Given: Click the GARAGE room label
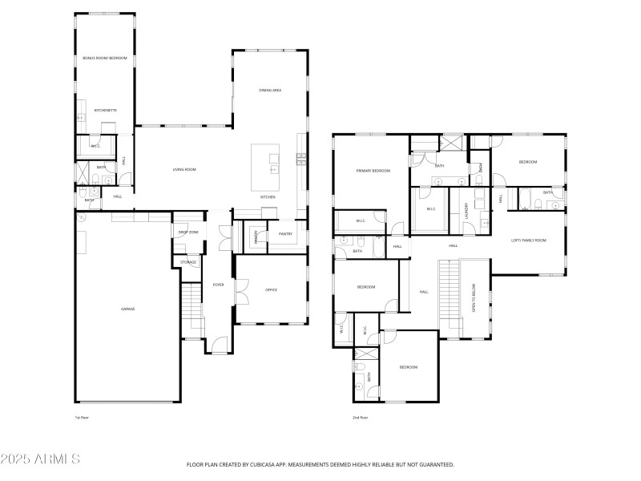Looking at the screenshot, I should [x=127, y=309].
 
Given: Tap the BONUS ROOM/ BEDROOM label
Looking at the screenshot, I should [x=105, y=58].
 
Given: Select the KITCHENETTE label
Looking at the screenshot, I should [x=106, y=110].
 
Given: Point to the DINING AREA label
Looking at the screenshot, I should [x=270, y=91].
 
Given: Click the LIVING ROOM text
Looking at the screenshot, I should [x=184, y=169].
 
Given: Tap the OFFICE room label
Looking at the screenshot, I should [x=271, y=289].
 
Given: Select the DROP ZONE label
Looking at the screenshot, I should [x=187, y=232].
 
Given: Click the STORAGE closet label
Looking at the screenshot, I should [x=188, y=262].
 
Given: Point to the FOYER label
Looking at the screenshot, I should [x=218, y=285].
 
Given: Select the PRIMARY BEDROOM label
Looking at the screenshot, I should [x=373, y=171].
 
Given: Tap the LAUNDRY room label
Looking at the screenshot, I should [x=466, y=211].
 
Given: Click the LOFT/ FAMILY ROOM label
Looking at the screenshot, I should [x=528, y=240].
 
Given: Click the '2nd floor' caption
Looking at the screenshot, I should [x=361, y=418].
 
